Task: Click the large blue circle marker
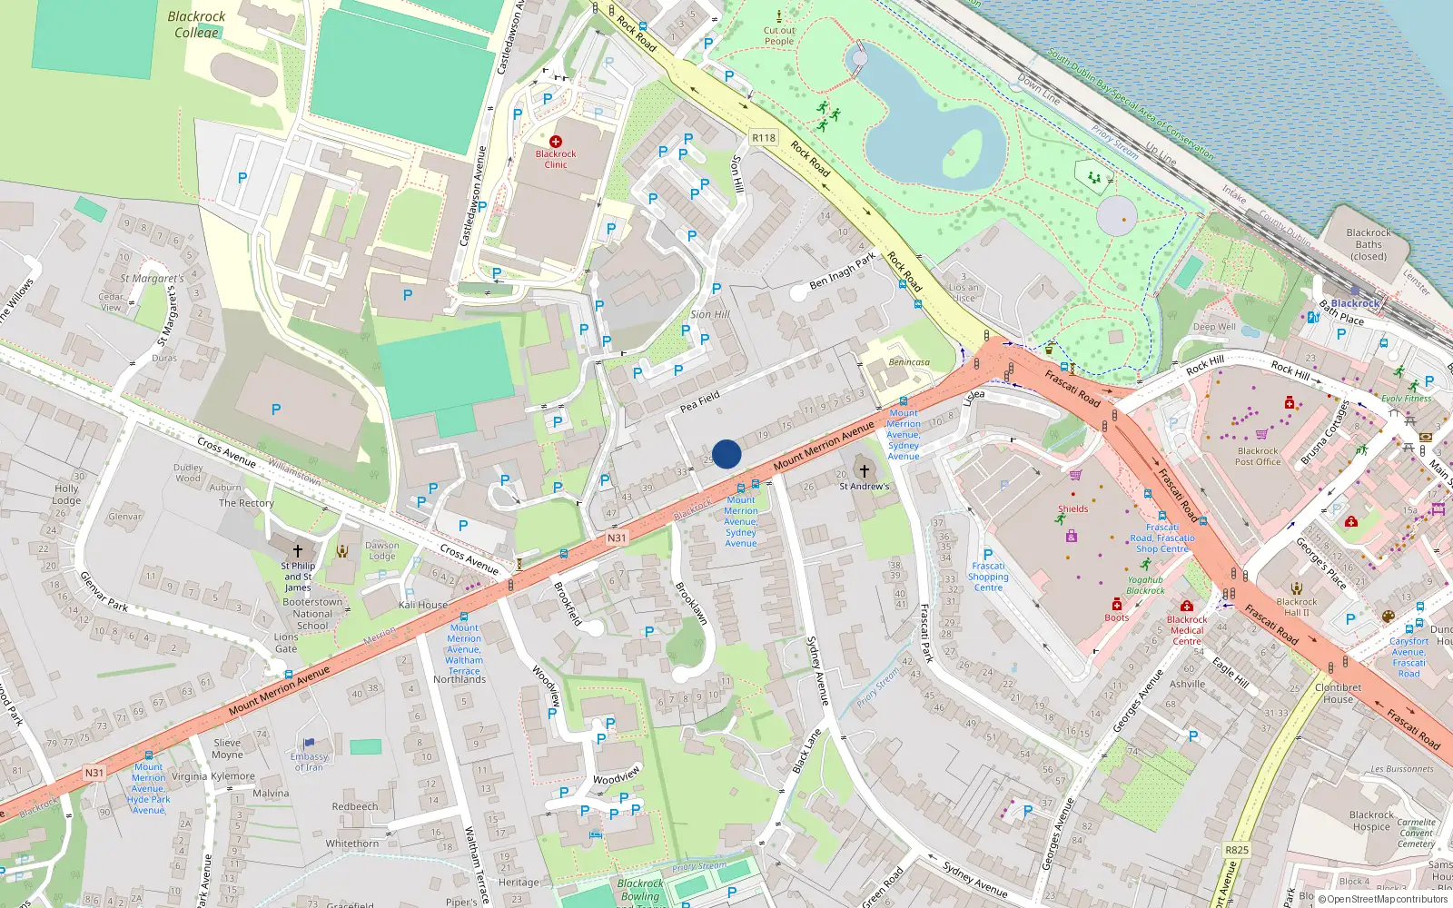[x=726, y=454]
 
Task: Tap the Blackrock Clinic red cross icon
[x=556, y=142]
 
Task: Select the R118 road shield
[x=764, y=138]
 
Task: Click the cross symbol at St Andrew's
[x=864, y=471]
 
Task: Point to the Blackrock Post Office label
[x=1258, y=457]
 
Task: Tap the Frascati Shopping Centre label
[x=988, y=577]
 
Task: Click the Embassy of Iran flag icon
[x=309, y=744]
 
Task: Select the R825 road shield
[x=1237, y=850]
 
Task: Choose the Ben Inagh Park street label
[x=842, y=271]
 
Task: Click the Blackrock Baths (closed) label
[x=1369, y=244]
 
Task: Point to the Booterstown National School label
[x=312, y=614]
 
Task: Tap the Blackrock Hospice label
[x=1371, y=821]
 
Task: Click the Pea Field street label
[x=700, y=401]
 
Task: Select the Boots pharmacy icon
[x=1117, y=605]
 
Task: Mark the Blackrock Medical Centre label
[x=1187, y=630]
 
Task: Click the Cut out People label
[x=779, y=35]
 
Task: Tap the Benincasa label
[x=909, y=362]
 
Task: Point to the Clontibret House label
[x=1339, y=693]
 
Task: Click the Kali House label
[x=423, y=605]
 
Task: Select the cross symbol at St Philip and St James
[x=297, y=550]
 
